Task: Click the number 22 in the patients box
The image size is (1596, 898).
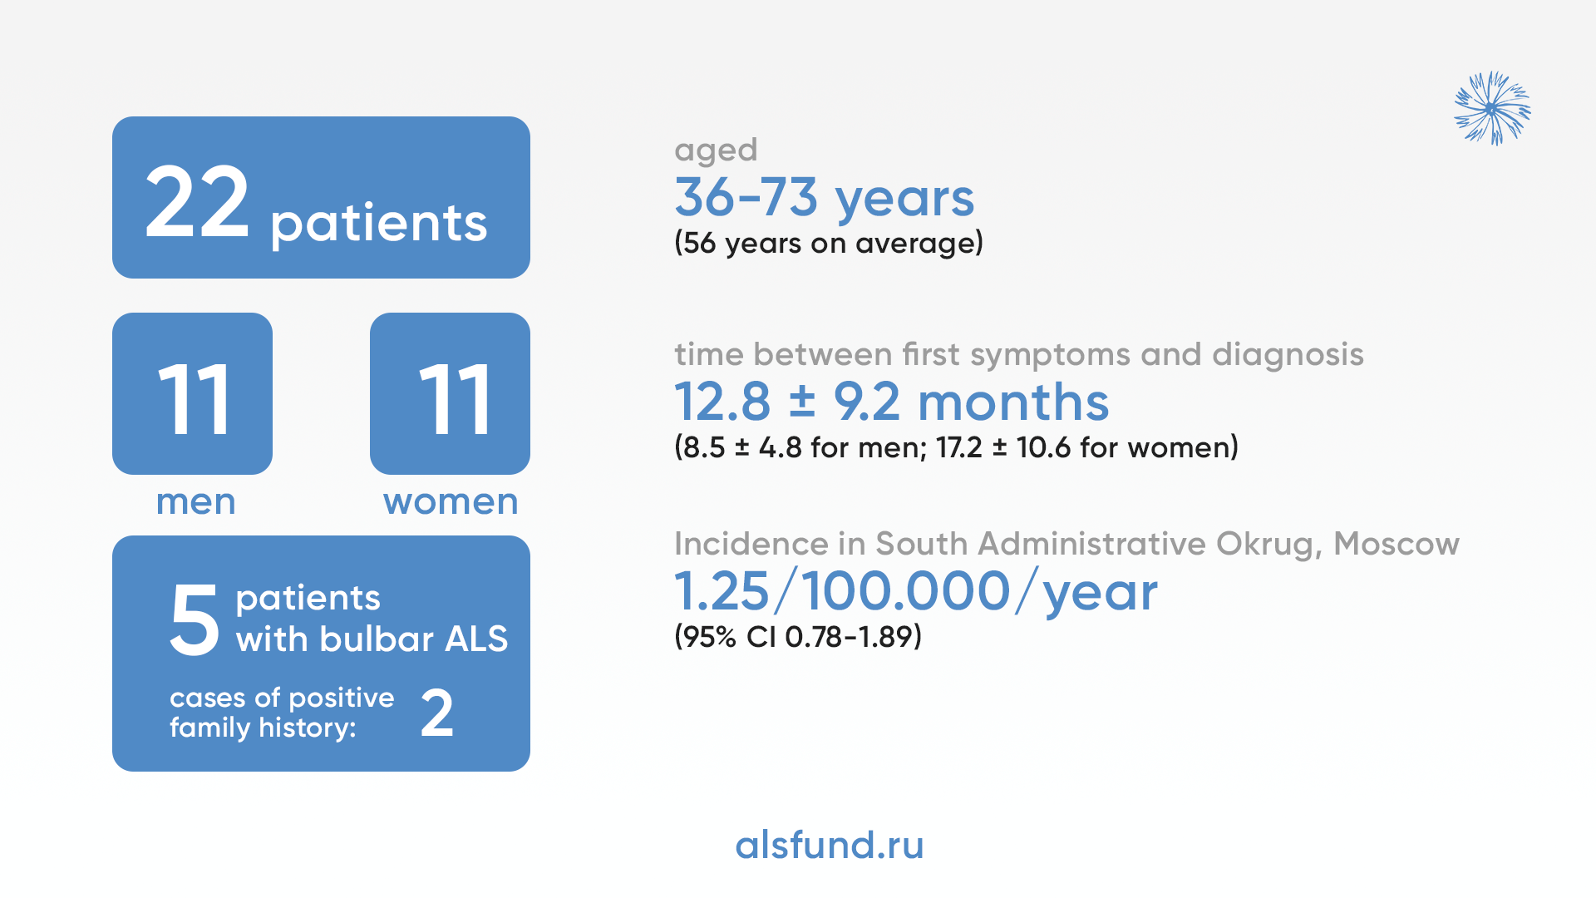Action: point(197,201)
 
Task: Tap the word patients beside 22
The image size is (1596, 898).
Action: point(379,224)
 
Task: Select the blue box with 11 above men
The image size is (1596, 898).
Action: point(192,393)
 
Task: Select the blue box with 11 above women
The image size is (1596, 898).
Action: point(450,393)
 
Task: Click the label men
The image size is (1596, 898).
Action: point(196,501)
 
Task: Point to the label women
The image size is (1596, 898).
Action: point(451,501)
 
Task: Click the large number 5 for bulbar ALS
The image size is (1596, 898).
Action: point(195,619)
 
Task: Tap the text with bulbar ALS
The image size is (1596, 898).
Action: point(372,639)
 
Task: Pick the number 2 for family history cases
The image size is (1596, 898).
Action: point(437,713)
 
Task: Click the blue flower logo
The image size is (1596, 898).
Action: point(1492,108)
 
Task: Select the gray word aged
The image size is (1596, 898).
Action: point(716,150)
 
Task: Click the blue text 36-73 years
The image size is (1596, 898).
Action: point(824,198)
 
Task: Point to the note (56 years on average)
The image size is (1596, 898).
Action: point(829,243)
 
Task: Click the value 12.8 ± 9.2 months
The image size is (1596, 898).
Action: point(891,402)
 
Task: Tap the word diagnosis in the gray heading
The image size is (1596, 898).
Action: point(1288,355)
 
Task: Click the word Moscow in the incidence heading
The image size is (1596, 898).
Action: point(1396,544)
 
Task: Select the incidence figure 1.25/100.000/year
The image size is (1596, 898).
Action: point(916,591)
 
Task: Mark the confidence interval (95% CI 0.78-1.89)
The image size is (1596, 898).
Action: point(798,637)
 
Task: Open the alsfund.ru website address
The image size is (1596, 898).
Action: point(830,845)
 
